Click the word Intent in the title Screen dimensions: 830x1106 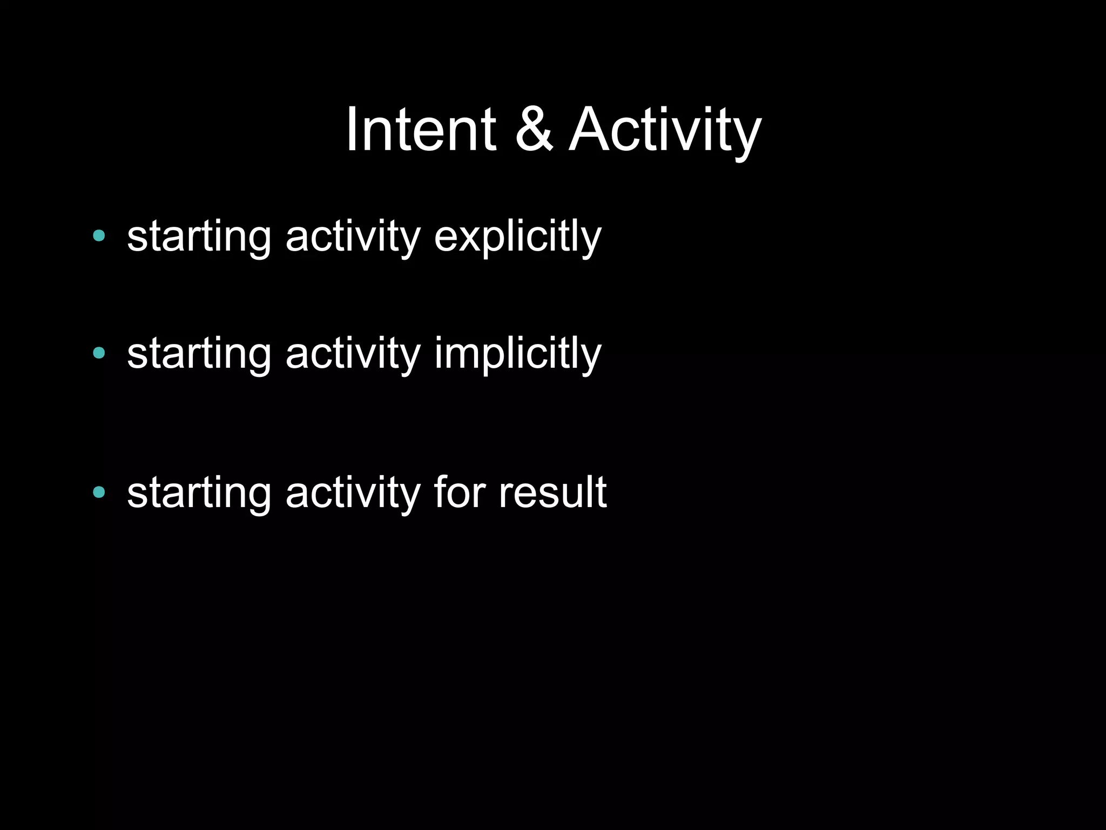pyautogui.click(x=420, y=130)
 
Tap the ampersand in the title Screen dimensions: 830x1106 pyautogui.click(x=534, y=130)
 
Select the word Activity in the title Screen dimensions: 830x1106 pyautogui.click(x=665, y=130)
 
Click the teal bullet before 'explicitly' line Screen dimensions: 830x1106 pyautogui.click(x=99, y=235)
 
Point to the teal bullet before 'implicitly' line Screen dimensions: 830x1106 pyautogui.click(x=99, y=353)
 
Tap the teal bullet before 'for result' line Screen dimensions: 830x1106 pyautogui.click(x=99, y=492)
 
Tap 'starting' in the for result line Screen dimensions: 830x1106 pyautogui.click(x=199, y=492)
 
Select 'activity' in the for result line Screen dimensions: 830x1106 pyautogui.click(x=353, y=492)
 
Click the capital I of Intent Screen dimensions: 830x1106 pyautogui.click(x=352, y=130)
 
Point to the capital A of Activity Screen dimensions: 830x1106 pyautogui.click(x=591, y=130)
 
